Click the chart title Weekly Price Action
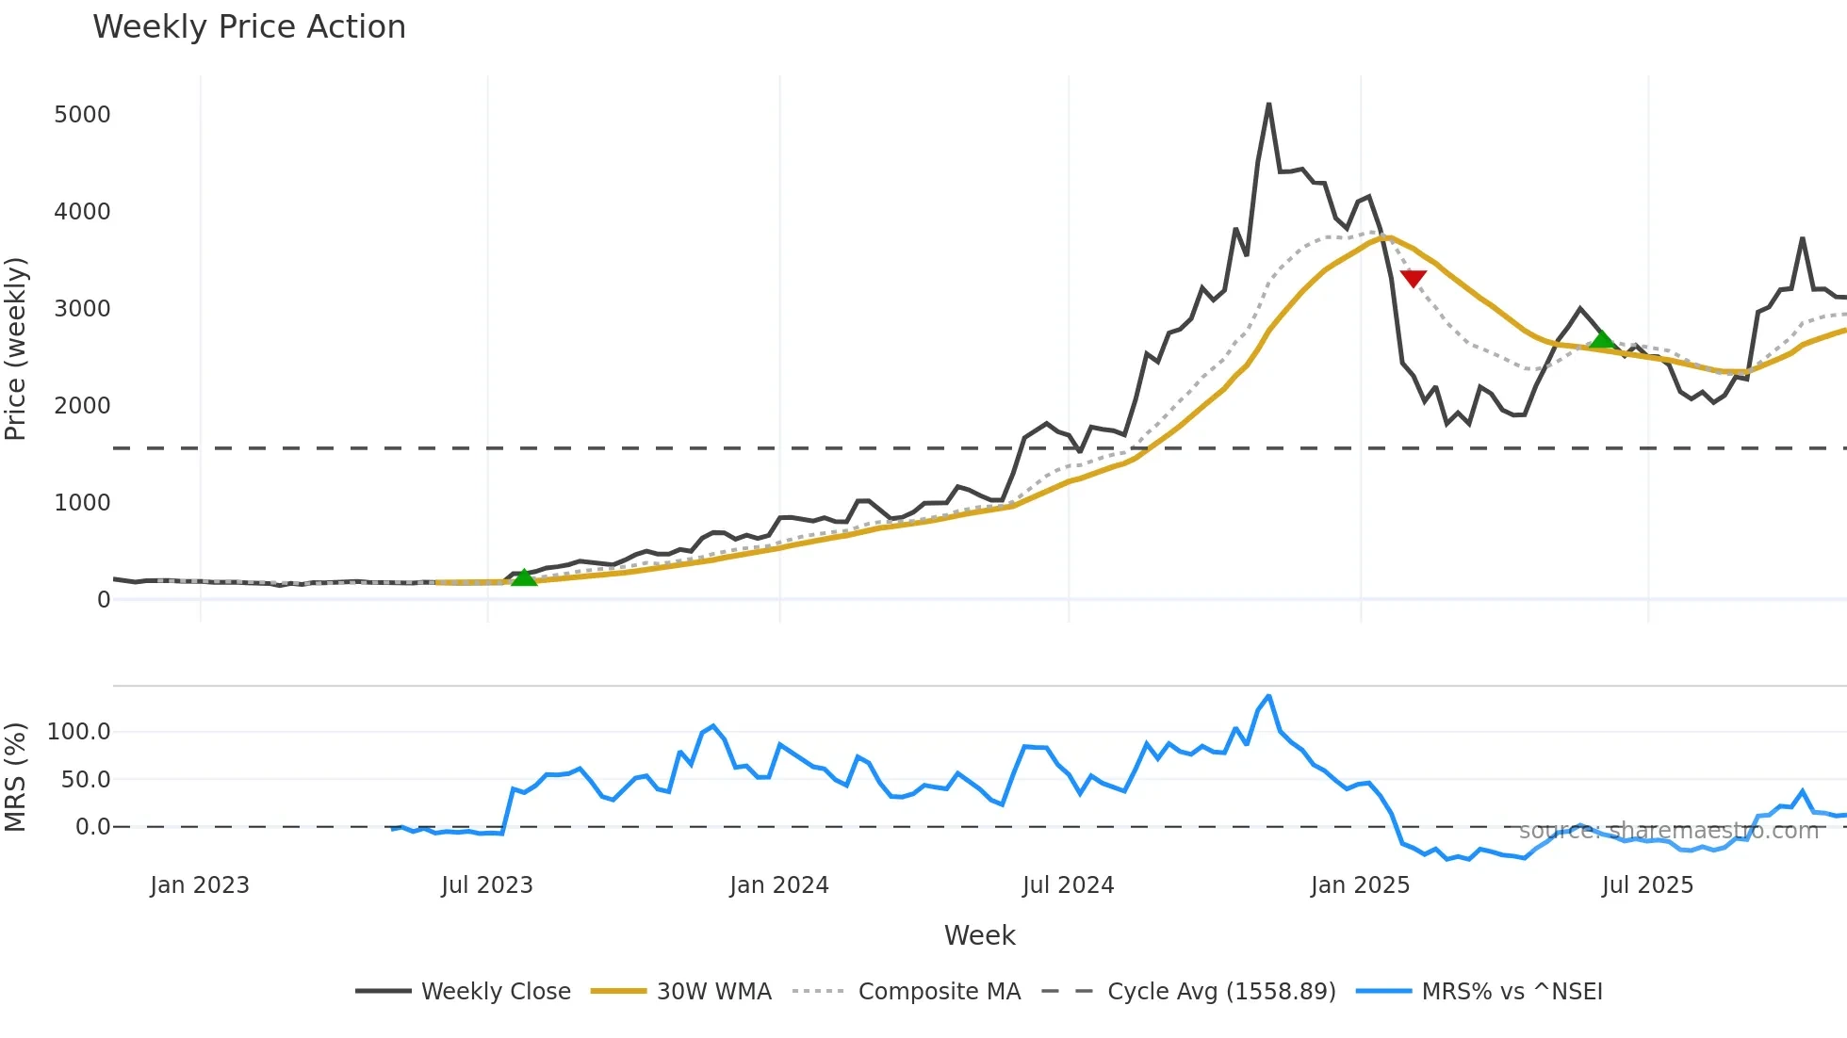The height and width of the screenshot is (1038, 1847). pyautogui.click(x=249, y=27)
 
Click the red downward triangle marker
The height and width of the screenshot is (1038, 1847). pyautogui.click(x=1413, y=278)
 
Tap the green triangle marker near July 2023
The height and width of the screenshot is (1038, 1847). pyautogui.click(x=524, y=577)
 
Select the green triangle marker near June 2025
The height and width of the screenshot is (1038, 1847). pyautogui.click(x=1602, y=339)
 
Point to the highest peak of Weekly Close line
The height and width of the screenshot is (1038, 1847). pyautogui.click(x=1268, y=105)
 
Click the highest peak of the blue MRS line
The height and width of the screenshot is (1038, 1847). pyautogui.click(x=1268, y=697)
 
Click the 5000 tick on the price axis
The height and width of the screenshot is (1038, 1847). pyautogui.click(x=82, y=115)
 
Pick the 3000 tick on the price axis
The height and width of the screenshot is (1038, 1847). pyautogui.click(x=82, y=309)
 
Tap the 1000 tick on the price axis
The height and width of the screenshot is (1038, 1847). pyautogui.click(x=82, y=503)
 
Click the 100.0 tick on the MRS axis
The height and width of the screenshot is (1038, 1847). pyautogui.click(x=79, y=732)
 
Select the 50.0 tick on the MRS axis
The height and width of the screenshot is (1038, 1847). pyautogui.click(x=86, y=780)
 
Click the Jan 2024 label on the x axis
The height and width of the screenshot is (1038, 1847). pyautogui.click(x=778, y=885)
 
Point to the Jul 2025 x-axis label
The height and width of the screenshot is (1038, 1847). pyautogui.click(x=1647, y=885)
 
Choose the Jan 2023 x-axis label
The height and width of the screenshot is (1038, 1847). pyautogui.click(x=200, y=885)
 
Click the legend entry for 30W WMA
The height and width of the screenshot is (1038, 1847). pyautogui.click(x=713, y=992)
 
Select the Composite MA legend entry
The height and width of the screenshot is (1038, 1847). pyautogui.click(x=939, y=992)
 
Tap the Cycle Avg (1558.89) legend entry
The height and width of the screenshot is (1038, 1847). pyautogui.click(x=1221, y=992)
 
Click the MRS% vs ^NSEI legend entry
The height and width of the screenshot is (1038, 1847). pyautogui.click(x=1512, y=992)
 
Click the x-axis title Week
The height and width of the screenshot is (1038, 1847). pyautogui.click(x=979, y=935)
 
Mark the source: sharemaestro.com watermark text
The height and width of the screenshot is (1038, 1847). pyautogui.click(x=1668, y=831)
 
